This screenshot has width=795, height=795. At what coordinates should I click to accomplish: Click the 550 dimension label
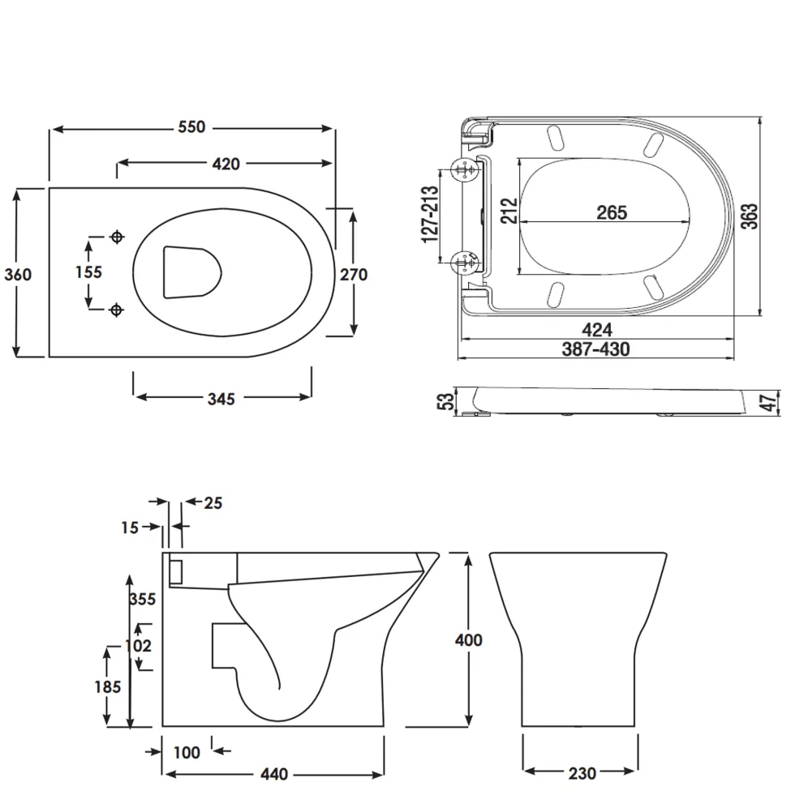191,126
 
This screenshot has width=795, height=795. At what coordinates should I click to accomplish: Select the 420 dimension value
226,164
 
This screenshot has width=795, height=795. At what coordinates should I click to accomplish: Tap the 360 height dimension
18,274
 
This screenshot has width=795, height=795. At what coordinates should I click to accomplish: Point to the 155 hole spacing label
89,272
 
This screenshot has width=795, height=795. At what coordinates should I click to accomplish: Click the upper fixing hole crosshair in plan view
118,237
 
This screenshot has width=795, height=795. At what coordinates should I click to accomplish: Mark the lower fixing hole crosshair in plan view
117,310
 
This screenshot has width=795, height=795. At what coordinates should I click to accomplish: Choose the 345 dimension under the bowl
221,399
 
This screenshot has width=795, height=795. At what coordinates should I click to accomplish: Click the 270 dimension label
354,274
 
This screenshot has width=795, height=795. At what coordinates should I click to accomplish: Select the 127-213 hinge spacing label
430,215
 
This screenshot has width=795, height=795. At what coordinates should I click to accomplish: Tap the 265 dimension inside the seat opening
612,212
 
